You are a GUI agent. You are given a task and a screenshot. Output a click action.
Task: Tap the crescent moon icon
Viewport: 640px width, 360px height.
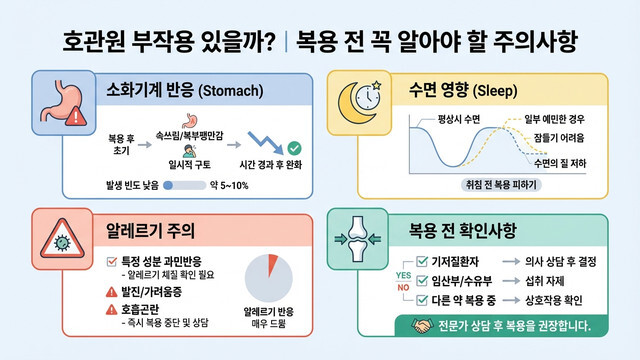tap(361, 96)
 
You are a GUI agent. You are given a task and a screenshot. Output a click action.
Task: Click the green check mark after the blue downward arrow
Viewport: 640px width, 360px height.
tap(294, 148)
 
